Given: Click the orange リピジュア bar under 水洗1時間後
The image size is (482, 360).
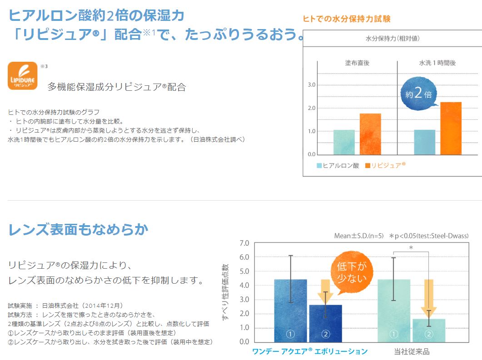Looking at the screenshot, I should (x=451, y=128).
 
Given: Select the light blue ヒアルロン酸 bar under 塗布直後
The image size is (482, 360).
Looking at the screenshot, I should (x=344, y=142).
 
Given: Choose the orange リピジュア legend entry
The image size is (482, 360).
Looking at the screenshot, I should (x=385, y=166).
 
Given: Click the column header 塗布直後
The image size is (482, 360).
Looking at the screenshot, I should (x=357, y=63).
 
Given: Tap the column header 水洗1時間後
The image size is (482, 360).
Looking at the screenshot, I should (x=437, y=63).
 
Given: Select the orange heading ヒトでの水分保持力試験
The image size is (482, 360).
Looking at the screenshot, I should (x=347, y=19).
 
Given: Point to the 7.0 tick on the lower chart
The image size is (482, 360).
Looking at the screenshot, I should (x=244, y=243).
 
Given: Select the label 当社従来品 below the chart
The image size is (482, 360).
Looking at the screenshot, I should (x=411, y=351).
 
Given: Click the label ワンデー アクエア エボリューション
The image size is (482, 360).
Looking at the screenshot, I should (x=309, y=351).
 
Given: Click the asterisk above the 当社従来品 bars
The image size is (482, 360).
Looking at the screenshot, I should (x=411, y=248).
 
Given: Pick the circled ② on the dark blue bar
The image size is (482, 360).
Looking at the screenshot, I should (x=325, y=334).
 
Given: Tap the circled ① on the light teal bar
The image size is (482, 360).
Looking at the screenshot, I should (x=393, y=334).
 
